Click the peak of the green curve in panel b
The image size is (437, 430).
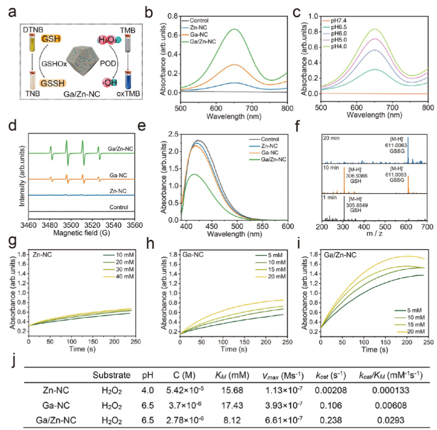coord(236,30)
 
